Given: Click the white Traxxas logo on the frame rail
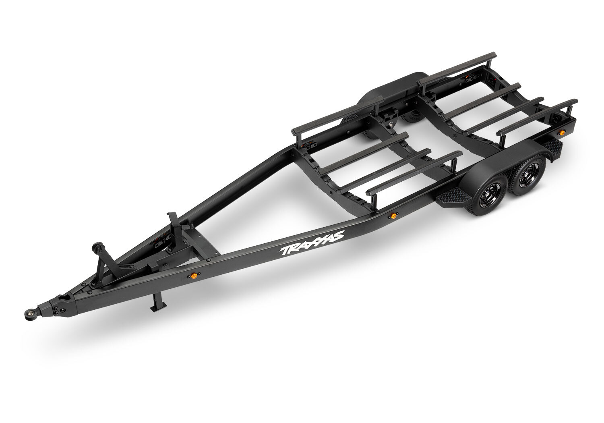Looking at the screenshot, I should (312, 243).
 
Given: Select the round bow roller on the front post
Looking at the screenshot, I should (97, 247).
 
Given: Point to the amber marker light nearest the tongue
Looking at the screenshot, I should (193, 276).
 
